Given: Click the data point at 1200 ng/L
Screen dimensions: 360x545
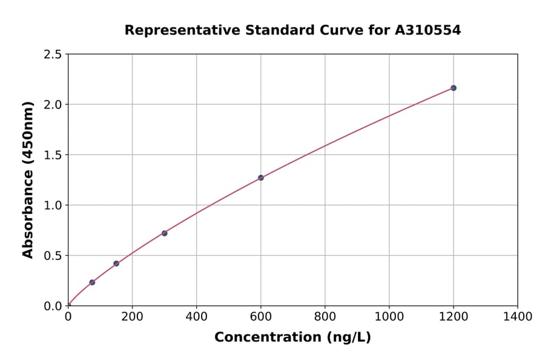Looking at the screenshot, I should (453, 88).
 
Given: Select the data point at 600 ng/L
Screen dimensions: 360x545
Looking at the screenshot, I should (261, 178).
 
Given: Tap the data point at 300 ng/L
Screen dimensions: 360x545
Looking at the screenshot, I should (165, 233).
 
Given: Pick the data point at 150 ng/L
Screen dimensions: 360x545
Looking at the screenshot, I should (116, 264).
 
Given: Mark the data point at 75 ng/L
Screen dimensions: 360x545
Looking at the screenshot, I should (92, 282).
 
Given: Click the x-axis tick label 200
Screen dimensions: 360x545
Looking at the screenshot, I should (132, 316).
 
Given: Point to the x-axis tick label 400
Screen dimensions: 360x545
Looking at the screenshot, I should (196, 316).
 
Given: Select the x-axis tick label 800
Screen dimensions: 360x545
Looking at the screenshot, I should (325, 316).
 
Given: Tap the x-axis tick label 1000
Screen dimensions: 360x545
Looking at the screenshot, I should (389, 316).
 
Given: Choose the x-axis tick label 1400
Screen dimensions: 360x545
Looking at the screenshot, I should (517, 316).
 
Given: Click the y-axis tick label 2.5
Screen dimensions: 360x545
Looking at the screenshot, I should (53, 55).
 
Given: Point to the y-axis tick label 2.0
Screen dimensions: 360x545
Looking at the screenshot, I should (53, 105).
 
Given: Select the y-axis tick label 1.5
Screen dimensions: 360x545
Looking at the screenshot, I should (53, 155).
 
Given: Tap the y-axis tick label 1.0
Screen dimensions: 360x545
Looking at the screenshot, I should (53, 205).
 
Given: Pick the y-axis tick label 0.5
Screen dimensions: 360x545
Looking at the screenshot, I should (53, 256).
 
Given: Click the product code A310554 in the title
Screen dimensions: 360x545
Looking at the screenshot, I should (428, 30).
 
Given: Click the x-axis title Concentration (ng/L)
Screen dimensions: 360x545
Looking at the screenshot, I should (292, 338).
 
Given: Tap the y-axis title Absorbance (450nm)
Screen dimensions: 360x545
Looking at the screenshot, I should (28, 180).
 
